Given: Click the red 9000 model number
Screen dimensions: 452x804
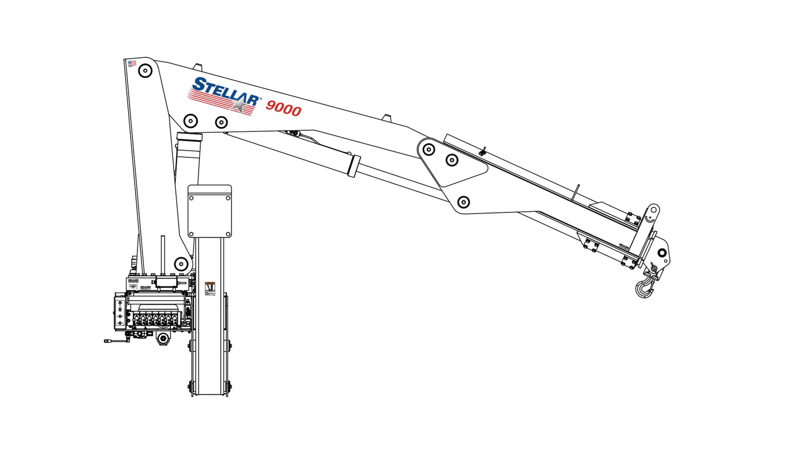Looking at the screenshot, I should [283, 108].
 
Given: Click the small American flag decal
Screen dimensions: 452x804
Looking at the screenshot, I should [132, 63].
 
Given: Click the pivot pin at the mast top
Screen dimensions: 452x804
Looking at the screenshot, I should [145, 71].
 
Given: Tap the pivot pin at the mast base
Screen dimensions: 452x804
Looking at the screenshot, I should [181, 264].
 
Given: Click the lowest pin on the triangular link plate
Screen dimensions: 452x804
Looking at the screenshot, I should [463, 202].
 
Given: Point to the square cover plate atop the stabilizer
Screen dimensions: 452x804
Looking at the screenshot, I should [210, 212].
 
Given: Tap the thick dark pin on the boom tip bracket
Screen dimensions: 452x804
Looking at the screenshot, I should [662, 253].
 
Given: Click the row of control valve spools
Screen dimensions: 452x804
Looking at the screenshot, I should [156, 320].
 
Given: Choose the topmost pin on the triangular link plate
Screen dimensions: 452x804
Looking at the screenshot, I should [428, 149].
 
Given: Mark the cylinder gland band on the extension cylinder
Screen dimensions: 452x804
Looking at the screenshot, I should [353, 166].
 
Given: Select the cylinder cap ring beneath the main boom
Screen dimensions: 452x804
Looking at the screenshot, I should [189, 137].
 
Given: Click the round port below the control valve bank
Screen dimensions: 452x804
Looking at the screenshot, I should [163, 339].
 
